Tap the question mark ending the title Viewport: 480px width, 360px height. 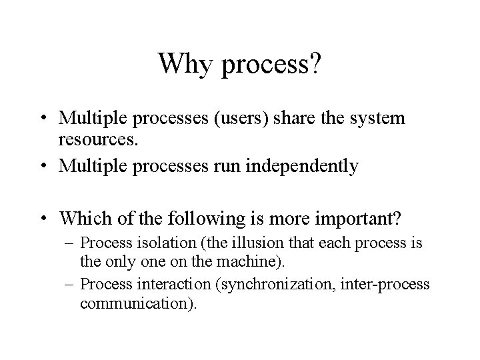click(315, 64)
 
